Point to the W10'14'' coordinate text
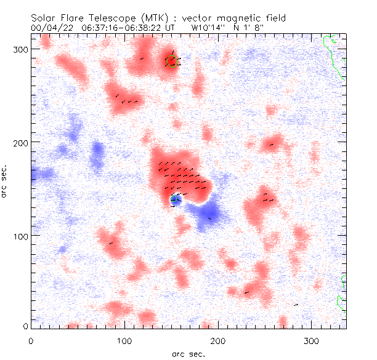(x=210, y=28)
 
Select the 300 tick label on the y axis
(x=20, y=49)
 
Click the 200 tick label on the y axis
(x=20, y=142)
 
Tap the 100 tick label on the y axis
(x=20, y=236)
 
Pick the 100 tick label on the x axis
(x=124, y=340)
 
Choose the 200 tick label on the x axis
(x=218, y=340)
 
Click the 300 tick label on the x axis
(x=312, y=340)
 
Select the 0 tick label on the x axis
(x=31, y=340)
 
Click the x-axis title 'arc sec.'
(x=188, y=354)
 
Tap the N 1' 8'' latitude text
(x=254, y=28)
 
